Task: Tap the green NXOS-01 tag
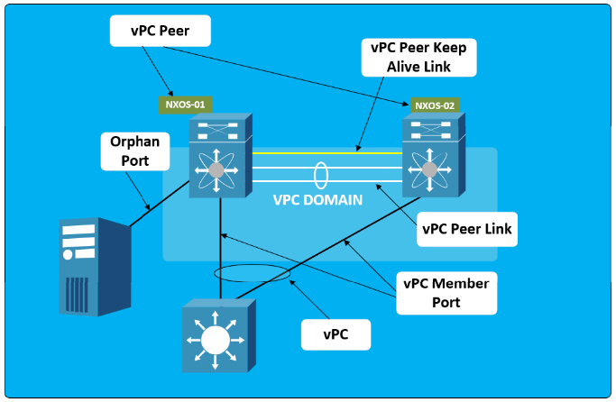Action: point(187,104)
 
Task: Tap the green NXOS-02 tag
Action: point(435,105)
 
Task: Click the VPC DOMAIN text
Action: point(317,200)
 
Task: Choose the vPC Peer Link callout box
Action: point(466,229)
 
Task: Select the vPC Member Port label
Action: point(446,292)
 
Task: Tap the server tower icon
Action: point(90,266)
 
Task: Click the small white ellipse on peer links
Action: point(320,174)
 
